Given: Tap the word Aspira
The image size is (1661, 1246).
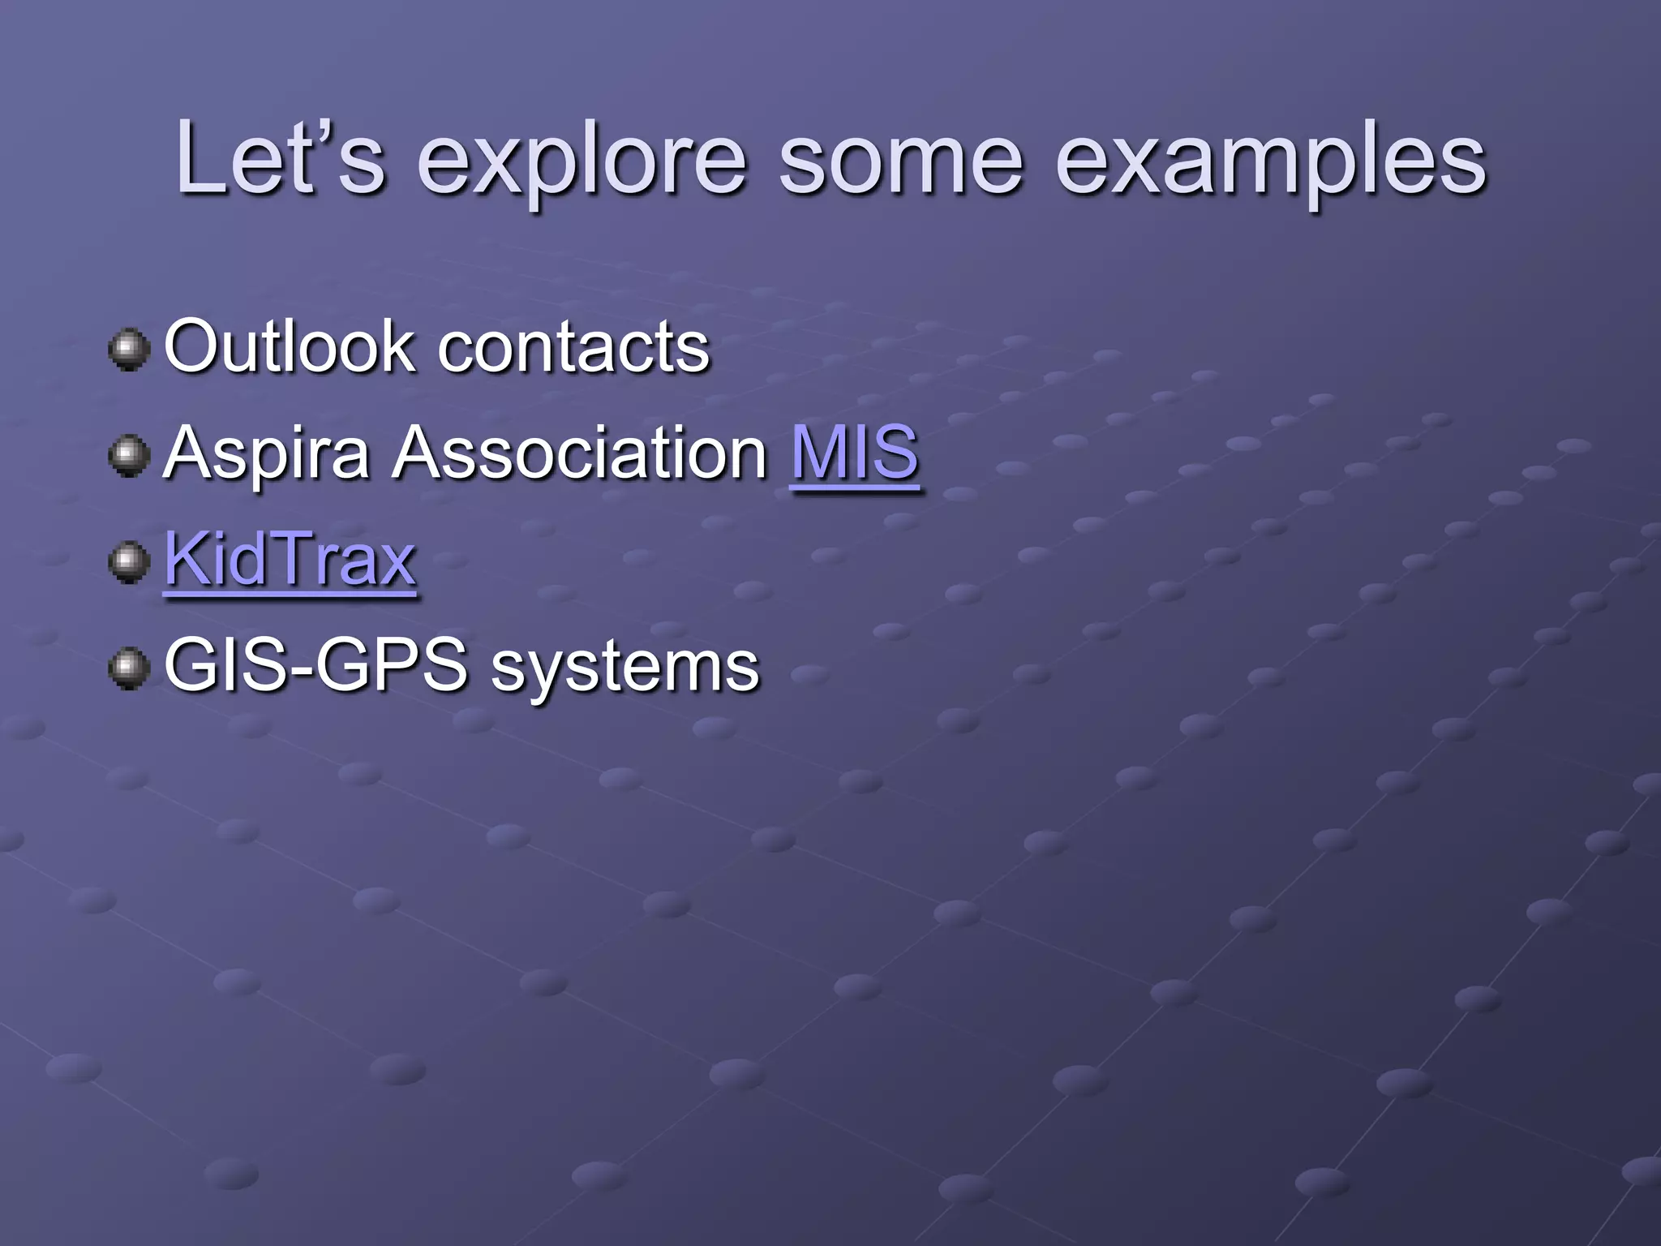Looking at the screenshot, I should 268,454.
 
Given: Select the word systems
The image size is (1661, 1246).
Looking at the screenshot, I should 625,669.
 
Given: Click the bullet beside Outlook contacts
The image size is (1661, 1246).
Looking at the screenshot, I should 129,350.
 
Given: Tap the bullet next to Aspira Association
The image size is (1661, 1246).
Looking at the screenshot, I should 129,456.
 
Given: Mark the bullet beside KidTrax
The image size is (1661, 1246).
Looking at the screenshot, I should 129,562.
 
